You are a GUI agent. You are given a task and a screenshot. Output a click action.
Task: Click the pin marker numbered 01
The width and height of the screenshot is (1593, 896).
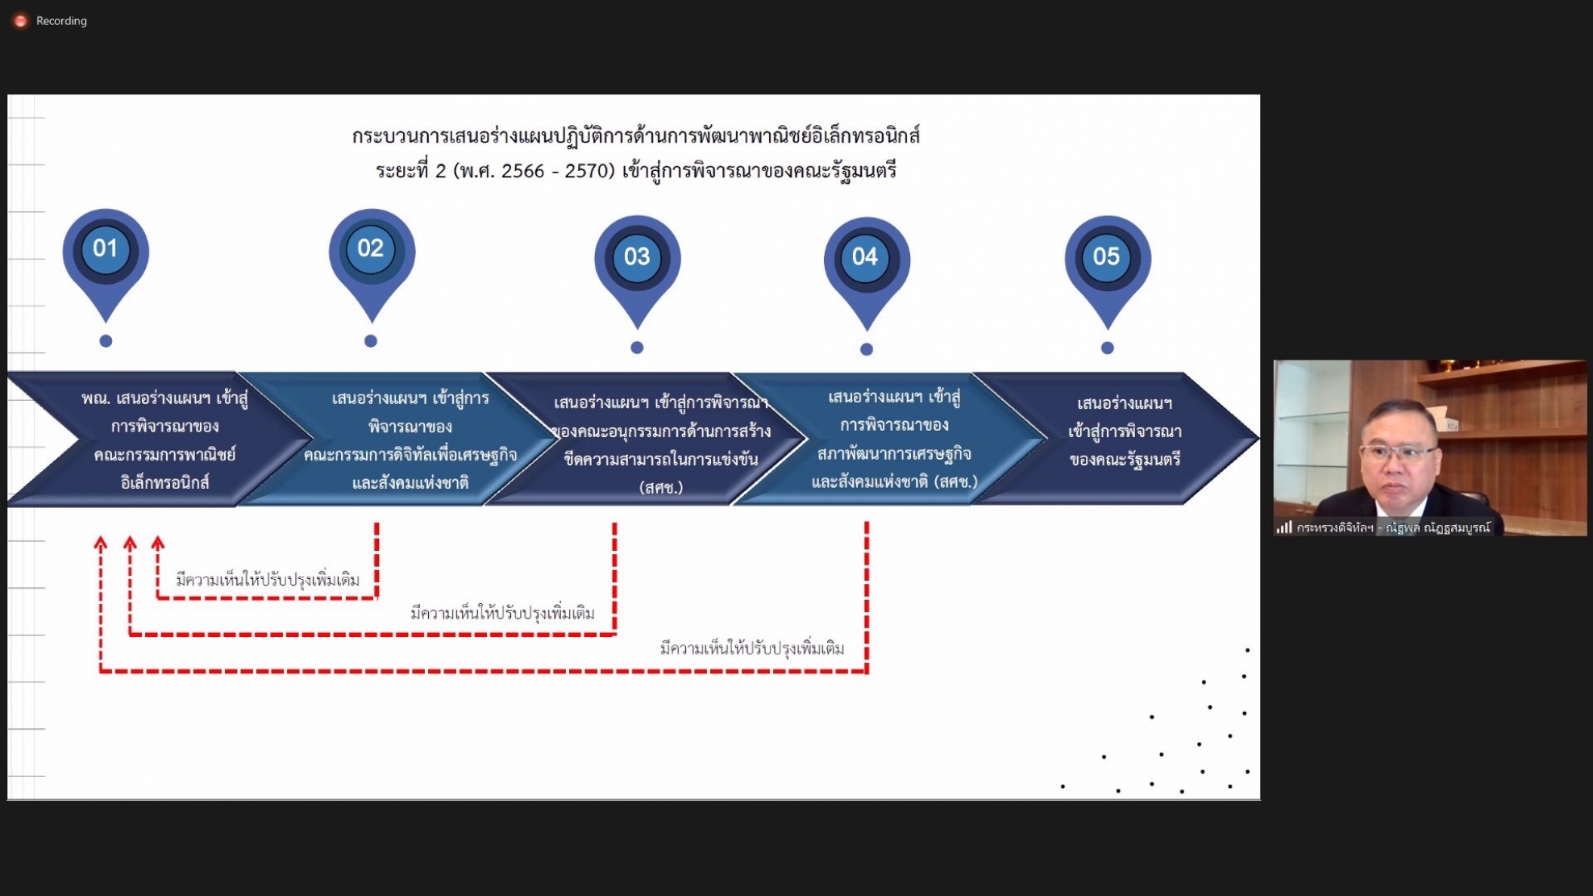pyautogui.click(x=106, y=262)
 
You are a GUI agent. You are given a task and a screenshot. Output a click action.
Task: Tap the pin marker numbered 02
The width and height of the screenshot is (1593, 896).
pyautogui.click(x=372, y=262)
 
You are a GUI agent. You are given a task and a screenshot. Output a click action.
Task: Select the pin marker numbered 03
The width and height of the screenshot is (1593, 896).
pyautogui.click(x=638, y=269)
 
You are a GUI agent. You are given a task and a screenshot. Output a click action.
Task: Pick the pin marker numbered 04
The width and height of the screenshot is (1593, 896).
pyautogui.click(x=867, y=271)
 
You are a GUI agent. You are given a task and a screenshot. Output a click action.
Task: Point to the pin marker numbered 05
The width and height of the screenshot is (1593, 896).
pyautogui.click(x=1108, y=269)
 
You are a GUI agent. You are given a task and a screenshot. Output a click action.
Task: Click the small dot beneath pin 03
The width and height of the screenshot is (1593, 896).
pyautogui.click(x=637, y=348)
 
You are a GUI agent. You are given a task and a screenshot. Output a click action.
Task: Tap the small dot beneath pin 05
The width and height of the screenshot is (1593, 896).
pyautogui.click(x=1108, y=348)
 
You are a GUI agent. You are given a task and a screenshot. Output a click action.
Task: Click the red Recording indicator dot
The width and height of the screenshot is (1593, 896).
pyautogui.click(x=21, y=21)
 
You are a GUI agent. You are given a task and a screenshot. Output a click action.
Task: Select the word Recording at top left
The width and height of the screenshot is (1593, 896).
pyautogui.click(x=61, y=21)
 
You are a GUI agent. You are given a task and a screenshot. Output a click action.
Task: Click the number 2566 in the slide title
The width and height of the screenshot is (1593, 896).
pyautogui.click(x=523, y=171)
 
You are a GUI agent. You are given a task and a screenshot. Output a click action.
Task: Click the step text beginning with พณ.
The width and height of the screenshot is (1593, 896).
pyautogui.click(x=164, y=440)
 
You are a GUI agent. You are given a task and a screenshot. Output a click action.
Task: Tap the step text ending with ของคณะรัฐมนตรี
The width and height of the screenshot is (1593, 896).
pyautogui.click(x=1125, y=431)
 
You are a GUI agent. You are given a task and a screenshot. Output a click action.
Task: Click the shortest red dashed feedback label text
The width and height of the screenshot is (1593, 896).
pyautogui.click(x=268, y=579)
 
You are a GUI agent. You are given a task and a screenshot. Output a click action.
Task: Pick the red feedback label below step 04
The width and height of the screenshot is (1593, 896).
pyautogui.click(x=752, y=648)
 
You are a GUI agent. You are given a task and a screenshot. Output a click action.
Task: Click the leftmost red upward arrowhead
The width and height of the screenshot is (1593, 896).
pyautogui.click(x=101, y=544)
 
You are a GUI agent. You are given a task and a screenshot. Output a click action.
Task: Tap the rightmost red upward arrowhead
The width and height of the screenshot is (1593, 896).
pyautogui.click(x=158, y=544)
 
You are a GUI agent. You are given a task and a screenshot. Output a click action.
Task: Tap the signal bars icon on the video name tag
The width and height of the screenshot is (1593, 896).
pyautogui.click(x=1284, y=527)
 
